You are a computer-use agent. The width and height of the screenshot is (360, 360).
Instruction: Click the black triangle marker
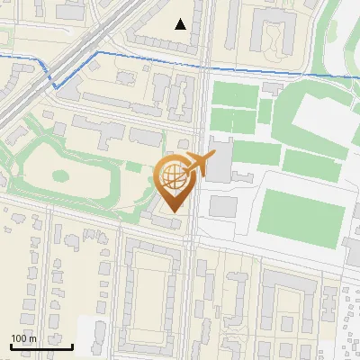181,24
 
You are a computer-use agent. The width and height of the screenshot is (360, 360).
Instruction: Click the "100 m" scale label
23,338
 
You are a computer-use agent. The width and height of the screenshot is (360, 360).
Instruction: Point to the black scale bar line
41,346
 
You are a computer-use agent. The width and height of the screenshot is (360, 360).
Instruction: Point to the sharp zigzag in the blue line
56,85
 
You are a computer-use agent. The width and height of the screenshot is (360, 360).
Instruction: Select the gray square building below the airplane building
223,206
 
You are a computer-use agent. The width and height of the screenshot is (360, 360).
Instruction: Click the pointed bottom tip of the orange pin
171,211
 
